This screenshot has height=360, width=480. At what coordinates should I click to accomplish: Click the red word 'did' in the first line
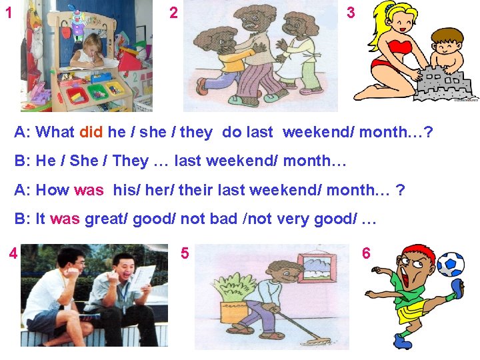tap(90, 132)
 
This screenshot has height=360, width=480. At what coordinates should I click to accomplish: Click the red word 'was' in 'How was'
tap(89, 190)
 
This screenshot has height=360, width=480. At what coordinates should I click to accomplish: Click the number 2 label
tap(173, 13)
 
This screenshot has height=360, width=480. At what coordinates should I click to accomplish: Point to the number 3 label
tap(351, 13)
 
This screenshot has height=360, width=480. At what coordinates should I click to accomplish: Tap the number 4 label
tap(13, 254)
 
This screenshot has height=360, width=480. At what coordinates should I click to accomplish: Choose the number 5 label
tap(185, 253)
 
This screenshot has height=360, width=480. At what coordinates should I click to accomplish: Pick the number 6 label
tap(366, 253)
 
